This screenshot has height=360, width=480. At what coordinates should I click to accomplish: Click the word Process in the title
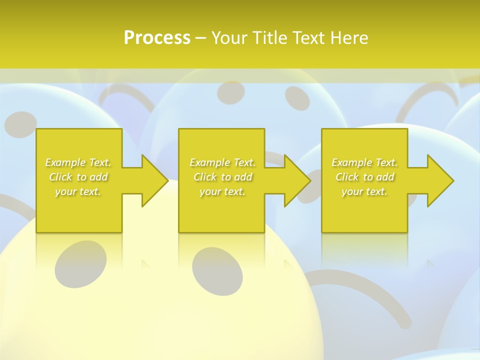tap(157, 38)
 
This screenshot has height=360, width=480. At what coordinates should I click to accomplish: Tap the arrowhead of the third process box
tap(440, 180)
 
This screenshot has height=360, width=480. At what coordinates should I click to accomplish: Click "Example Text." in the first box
tap(78, 162)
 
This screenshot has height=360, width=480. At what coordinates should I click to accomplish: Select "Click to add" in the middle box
tap(222, 177)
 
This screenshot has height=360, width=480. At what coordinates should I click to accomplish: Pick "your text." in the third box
tap(364, 191)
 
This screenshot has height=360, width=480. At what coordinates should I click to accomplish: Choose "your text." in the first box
tap(78, 191)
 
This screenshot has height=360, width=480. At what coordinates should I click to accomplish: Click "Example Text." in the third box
tap(364, 162)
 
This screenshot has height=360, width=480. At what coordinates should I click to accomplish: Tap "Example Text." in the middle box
tap(222, 162)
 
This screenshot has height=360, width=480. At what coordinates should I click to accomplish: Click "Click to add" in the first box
tap(78, 177)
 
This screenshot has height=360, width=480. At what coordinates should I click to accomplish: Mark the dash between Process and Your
tap(200, 38)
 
